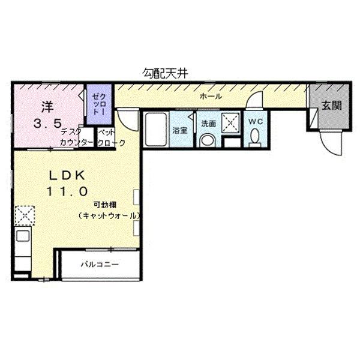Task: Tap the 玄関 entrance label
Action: click(331, 106)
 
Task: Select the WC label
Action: click(255, 121)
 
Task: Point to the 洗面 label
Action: click(208, 124)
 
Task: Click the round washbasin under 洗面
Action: click(208, 140)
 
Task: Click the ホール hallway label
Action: click(211, 97)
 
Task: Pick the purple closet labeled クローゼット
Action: click(97, 104)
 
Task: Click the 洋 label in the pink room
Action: click(47, 108)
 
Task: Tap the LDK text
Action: click(67, 175)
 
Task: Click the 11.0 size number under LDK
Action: click(68, 191)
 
